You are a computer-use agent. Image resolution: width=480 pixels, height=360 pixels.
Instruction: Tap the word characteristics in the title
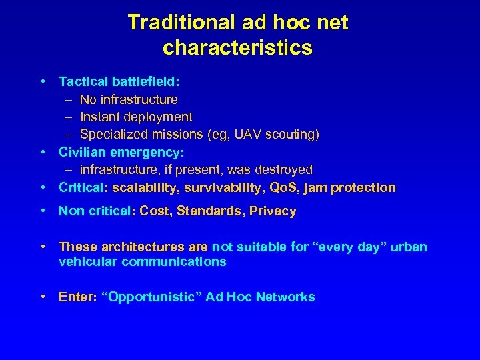coord(237,48)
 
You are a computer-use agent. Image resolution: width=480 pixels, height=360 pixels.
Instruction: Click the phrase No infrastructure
coord(129,100)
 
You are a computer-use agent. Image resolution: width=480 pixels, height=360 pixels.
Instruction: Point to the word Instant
coord(100,117)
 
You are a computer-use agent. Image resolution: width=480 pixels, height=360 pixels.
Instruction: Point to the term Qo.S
coord(281,188)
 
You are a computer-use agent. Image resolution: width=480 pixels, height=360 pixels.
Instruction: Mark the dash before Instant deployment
coord(69,117)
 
